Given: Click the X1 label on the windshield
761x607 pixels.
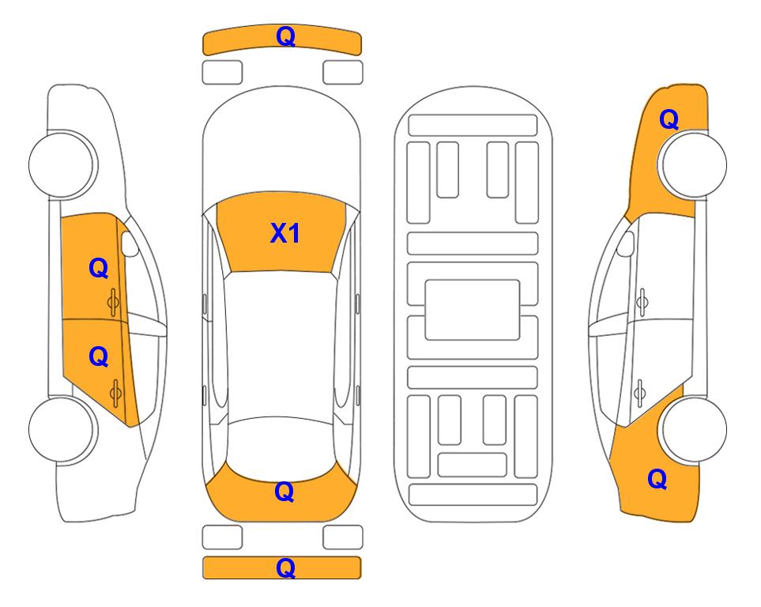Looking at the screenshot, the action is pyautogui.click(x=285, y=233).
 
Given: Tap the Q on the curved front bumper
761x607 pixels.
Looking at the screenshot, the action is pyautogui.click(x=285, y=36).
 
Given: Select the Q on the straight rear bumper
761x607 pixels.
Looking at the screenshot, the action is pyautogui.click(x=285, y=567).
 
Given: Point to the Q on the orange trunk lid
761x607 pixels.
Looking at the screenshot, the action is pyautogui.click(x=284, y=492).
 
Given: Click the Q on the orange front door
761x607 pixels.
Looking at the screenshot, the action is pyautogui.click(x=99, y=268).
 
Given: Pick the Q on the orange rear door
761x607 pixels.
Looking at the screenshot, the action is pyautogui.click(x=99, y=357).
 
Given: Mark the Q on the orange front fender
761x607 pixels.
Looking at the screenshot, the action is pyautogui.click(x=669, y=119).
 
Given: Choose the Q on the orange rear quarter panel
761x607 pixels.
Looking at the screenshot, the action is pyautogui.click(x=657, y=479).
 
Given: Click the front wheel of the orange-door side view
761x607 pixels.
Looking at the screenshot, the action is pyautogui.click(x=62, y=164).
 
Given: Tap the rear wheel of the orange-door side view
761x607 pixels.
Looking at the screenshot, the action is pyautogui.click(x=62, y=429).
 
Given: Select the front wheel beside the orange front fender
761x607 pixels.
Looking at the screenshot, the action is pyautogui.click(x=693, y=164).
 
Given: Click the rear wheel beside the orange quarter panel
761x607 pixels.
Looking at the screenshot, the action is pyautogui.click(x=694, y=429).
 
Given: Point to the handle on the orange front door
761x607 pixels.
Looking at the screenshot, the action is pyautogui.click(x=114, y=303).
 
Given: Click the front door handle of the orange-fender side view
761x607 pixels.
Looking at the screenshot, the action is pyautogui.click(x=642, y=302).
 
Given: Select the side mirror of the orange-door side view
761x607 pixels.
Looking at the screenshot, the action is pyautogui.click(x=130, y=244).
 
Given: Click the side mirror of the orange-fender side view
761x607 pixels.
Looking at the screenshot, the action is pyautogui.click(x=625, y=244).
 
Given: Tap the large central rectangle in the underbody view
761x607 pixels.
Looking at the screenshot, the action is pyautogui.click(x=473, y=310).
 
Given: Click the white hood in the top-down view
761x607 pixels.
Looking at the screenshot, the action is pyautogui.click(x=281, y=141).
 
